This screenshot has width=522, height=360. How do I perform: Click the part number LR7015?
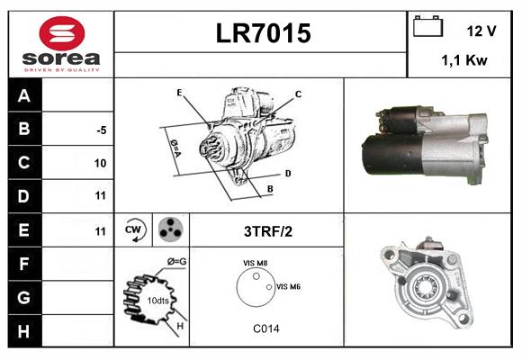click(x=262, y=34)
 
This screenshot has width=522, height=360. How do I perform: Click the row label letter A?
click(x=24, y=96)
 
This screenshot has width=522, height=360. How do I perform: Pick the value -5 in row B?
click(x=102, y=130)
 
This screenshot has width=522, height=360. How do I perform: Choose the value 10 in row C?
click(x=100, y=163)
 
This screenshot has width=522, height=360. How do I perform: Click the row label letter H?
click(x=24, y=330)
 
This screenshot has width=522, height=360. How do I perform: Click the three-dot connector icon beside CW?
click(x=169, y=229)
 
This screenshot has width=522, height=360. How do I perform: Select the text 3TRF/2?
click(x=267, y=231)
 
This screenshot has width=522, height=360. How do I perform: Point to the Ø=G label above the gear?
click(x=176, y=262)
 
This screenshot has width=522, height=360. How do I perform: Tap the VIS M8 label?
click(x=255, y=263)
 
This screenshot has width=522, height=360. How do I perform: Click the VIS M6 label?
click(x=288, y=286)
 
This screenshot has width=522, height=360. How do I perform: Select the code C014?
click(x=265, y=328)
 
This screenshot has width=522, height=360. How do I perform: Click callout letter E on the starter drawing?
click(x=179, y=93)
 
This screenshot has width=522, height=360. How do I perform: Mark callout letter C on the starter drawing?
click(x=298, y=94)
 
